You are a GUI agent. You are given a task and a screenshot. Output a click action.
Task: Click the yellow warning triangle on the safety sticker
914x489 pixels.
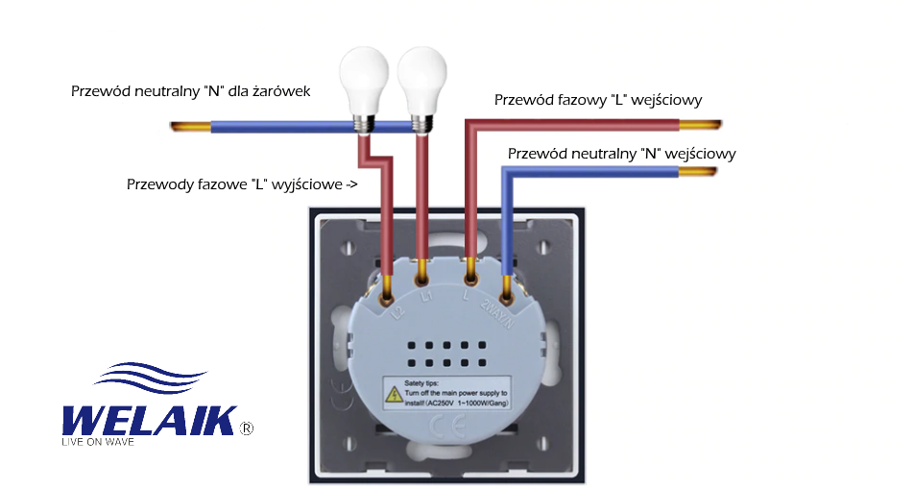click(x=394, y=394)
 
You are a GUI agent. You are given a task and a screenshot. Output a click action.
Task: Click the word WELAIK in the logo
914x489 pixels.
click(x=148, y=420)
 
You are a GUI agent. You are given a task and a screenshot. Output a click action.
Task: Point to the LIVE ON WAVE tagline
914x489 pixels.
click(x=97, y=442)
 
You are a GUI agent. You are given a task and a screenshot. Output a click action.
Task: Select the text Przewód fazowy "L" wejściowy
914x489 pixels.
click(x=598, y=100)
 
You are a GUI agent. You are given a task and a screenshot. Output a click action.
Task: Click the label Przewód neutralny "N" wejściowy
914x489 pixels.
click(x=621, y=154)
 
